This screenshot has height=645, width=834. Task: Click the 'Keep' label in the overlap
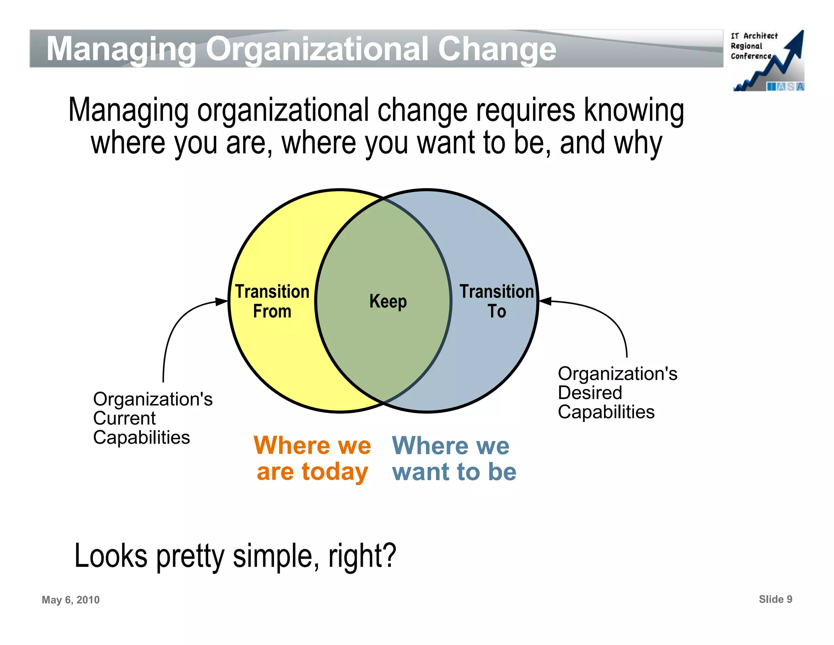point(388,302)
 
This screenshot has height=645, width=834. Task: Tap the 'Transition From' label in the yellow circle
point(272,301)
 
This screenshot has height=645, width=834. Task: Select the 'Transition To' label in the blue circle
point(496,301)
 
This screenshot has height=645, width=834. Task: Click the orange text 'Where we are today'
point(312,458)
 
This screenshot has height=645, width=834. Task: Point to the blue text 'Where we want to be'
point(454,458)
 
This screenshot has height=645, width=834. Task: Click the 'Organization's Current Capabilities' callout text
point(152,418)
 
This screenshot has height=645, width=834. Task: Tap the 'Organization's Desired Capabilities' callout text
point(617,393)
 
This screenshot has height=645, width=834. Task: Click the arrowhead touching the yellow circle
point(222,302)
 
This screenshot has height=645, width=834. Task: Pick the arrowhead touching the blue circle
point(545,301)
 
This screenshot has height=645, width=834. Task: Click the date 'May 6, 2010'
point(70,600)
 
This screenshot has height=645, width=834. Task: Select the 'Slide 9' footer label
point(775,599)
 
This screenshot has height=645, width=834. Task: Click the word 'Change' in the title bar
point(497,49)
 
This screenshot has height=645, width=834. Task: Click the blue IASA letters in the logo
point(785,86)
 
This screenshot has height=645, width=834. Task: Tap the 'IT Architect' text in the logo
point(754,36)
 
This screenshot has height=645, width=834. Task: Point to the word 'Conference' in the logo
point(751,56)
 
